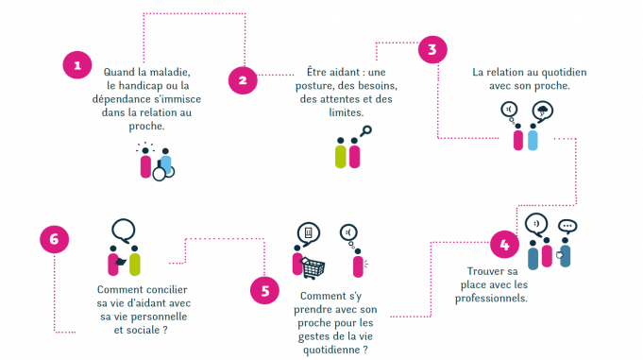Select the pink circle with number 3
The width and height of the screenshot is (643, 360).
click(431, 50)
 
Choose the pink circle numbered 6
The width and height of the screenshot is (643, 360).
click(55, 240)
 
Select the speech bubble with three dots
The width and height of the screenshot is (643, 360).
click(567, 227)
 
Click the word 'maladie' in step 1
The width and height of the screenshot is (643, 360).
click(170, 72)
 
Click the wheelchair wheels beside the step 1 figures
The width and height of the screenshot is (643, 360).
click(165, 171)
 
